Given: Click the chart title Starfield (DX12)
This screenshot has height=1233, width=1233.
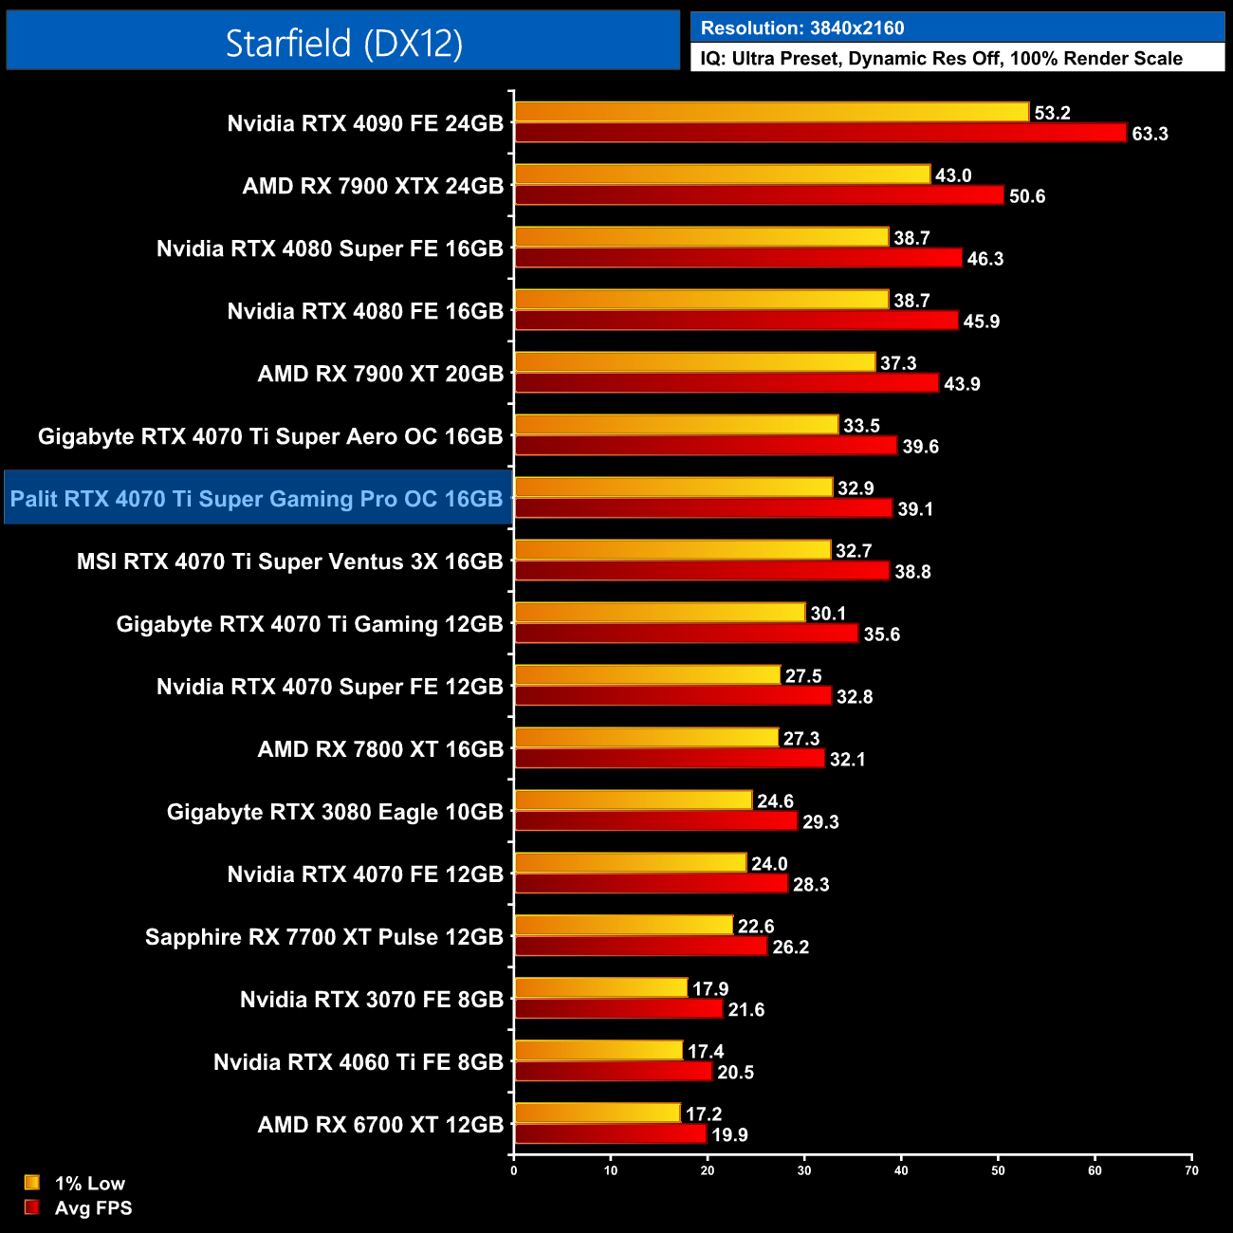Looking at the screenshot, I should (x=343, y=43).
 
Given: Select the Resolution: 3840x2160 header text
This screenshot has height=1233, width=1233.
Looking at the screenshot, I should (x=802, y=28).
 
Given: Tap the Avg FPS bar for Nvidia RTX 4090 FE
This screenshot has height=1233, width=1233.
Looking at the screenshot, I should (x=820, y=133).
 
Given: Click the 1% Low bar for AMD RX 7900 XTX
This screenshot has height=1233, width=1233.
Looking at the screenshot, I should (x=723, y=175).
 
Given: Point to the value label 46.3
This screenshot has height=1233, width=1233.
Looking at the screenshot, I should (x=985, y=259).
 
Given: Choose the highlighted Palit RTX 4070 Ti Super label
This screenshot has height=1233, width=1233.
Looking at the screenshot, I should (x=256, y=499).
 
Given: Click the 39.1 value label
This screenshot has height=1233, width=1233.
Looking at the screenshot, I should (x=915, y=509).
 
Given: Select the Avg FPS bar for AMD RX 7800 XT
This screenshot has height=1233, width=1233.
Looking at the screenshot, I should (x=670, y=759).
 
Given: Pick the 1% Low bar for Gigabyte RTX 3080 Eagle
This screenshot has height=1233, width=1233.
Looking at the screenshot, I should (x=634, y=801).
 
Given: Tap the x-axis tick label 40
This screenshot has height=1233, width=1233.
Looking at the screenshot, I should (x=901, y=1170).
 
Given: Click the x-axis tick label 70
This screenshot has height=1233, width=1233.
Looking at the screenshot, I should (x=1191, y=1170).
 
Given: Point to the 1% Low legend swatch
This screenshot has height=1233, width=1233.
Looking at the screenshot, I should (x=32, y=1183).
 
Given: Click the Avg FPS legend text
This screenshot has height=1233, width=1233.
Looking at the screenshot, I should (x=93, y=1208).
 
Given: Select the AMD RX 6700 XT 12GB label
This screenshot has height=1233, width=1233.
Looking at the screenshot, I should (x=380, y=1125).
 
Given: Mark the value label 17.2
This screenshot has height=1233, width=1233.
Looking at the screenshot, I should (x=704, y=1114).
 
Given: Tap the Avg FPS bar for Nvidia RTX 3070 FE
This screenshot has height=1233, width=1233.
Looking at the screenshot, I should (x=618, y=1009).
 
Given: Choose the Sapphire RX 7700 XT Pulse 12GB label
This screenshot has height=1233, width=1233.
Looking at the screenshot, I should (x=323, y=937).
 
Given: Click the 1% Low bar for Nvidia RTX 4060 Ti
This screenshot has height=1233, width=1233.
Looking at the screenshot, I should (x=598, y=1051).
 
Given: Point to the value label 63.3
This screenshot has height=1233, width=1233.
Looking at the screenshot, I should (x=1150, y=134).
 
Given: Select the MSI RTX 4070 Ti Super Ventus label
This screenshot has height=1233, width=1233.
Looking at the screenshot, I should (x=289, y=561).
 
